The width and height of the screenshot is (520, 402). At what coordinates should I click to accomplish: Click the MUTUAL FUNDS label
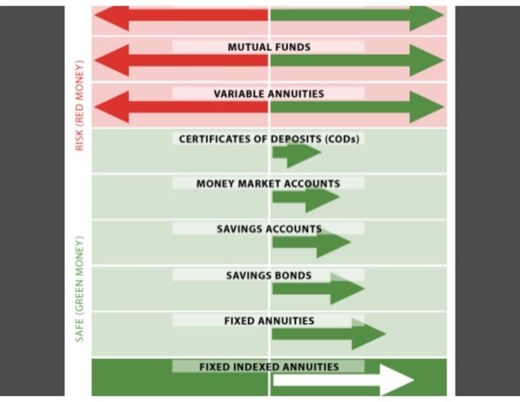tap(269, 47)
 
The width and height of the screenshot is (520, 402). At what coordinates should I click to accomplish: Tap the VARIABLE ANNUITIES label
tap(269, 94)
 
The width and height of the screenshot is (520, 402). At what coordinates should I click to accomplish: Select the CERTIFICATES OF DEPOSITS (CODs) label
tap(269, 139)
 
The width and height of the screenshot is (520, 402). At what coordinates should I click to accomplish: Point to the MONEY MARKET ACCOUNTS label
tap(268, 183)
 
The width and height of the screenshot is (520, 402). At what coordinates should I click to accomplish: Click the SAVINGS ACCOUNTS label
tap(269, 229)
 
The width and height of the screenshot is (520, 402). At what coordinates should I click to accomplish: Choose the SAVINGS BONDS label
tap(269, 276)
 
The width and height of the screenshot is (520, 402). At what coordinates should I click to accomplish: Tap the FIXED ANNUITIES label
tap(269, 321)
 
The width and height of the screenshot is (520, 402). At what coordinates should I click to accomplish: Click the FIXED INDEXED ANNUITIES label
tap(269, 367)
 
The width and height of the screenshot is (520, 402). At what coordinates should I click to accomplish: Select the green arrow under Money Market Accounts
tap(306, 198)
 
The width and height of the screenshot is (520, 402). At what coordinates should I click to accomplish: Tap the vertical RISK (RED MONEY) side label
tap(80, 105)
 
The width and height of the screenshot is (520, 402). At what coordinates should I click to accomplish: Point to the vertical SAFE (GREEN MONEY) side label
tap(80, 289)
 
